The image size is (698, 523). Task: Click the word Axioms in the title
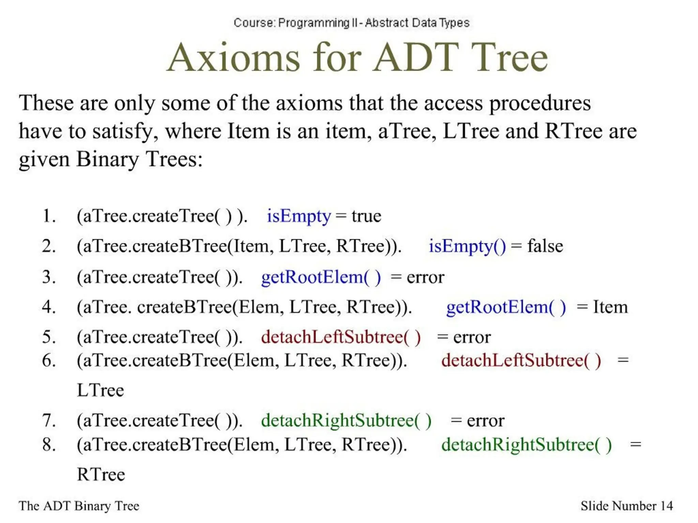[x=234, y=58]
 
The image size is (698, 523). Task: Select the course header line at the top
[x=351, y=23]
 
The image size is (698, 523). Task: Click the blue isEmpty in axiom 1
[x=299, y=216]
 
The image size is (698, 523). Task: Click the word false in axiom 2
[x=545, y=246]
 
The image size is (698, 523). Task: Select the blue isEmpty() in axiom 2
[x=467, y=246]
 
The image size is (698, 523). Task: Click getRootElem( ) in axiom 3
[x=321, y=277]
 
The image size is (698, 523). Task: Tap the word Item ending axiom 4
[x=610, y=307]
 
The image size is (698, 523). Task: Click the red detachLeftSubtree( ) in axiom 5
[x=341, y=337]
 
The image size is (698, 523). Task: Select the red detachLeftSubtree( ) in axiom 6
[x=521, y=361]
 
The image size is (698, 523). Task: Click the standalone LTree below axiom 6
[x=100, y=391]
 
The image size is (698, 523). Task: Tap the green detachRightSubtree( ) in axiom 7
[x=346, y=421]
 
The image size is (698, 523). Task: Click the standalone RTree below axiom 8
[x=101, y=475]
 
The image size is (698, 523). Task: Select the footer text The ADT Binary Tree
[x=79, y=506]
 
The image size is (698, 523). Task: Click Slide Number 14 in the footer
[x=626, y=506]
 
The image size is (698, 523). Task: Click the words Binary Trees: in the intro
[x=139, y=159]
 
